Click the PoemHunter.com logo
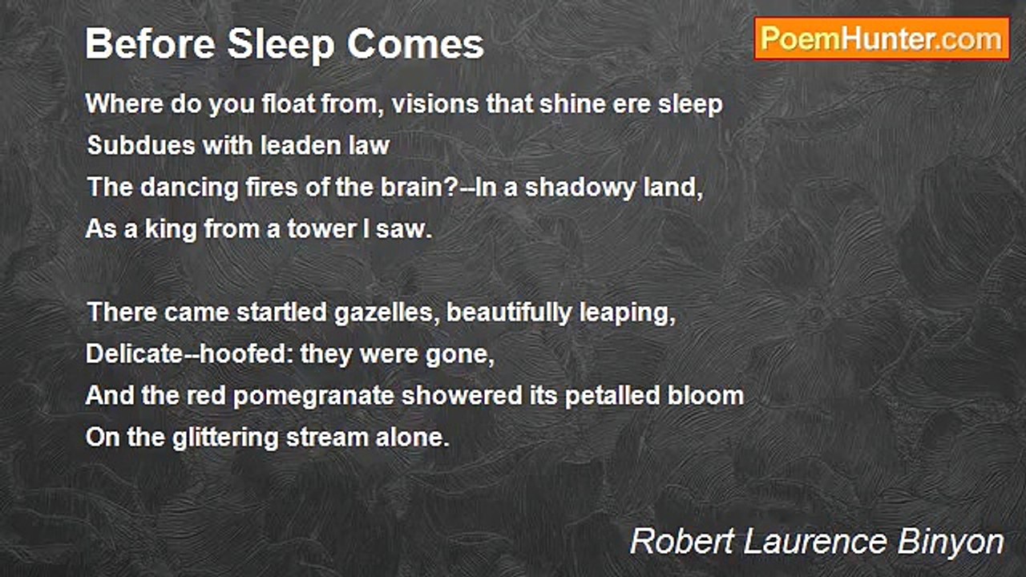point(882,38)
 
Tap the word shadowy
point(584,188)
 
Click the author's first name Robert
point(681,543)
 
